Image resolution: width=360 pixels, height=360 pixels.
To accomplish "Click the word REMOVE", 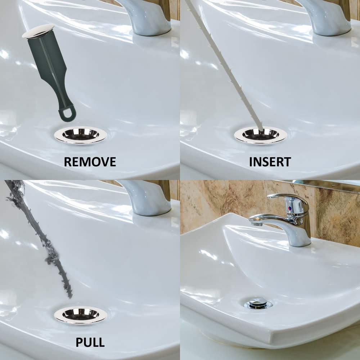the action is tap(90, 162).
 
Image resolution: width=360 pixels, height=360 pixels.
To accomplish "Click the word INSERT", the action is tap(270, 162).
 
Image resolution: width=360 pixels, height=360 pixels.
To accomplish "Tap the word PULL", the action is tap(90, 342).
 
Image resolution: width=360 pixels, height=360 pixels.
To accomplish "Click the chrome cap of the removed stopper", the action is tap(38, 31).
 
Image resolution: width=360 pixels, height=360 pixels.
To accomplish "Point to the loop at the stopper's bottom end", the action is tap(67, 113).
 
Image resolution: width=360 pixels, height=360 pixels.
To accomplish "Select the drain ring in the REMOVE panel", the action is tap(81, 135).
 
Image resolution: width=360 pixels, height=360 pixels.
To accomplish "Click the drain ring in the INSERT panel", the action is tap(261, 135).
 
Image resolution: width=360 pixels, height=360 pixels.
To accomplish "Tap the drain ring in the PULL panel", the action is tap(81, 315).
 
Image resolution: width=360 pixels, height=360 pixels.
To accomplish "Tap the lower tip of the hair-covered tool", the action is tap(70, 297).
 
